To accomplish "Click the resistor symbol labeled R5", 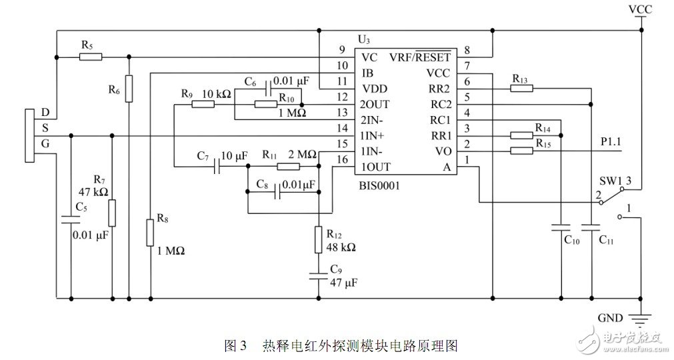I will click(x=91, y=57).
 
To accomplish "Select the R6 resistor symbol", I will click(x=129, y=87).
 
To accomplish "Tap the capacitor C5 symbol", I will click(x=70, y=218).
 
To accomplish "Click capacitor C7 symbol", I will click(x=217, y=167).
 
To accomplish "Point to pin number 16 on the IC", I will click(x=342, y=159).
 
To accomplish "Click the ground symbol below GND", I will click(x=641, y=320).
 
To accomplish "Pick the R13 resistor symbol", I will click(x=521, y=88).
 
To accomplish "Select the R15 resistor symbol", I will click(x=521, y=151).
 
